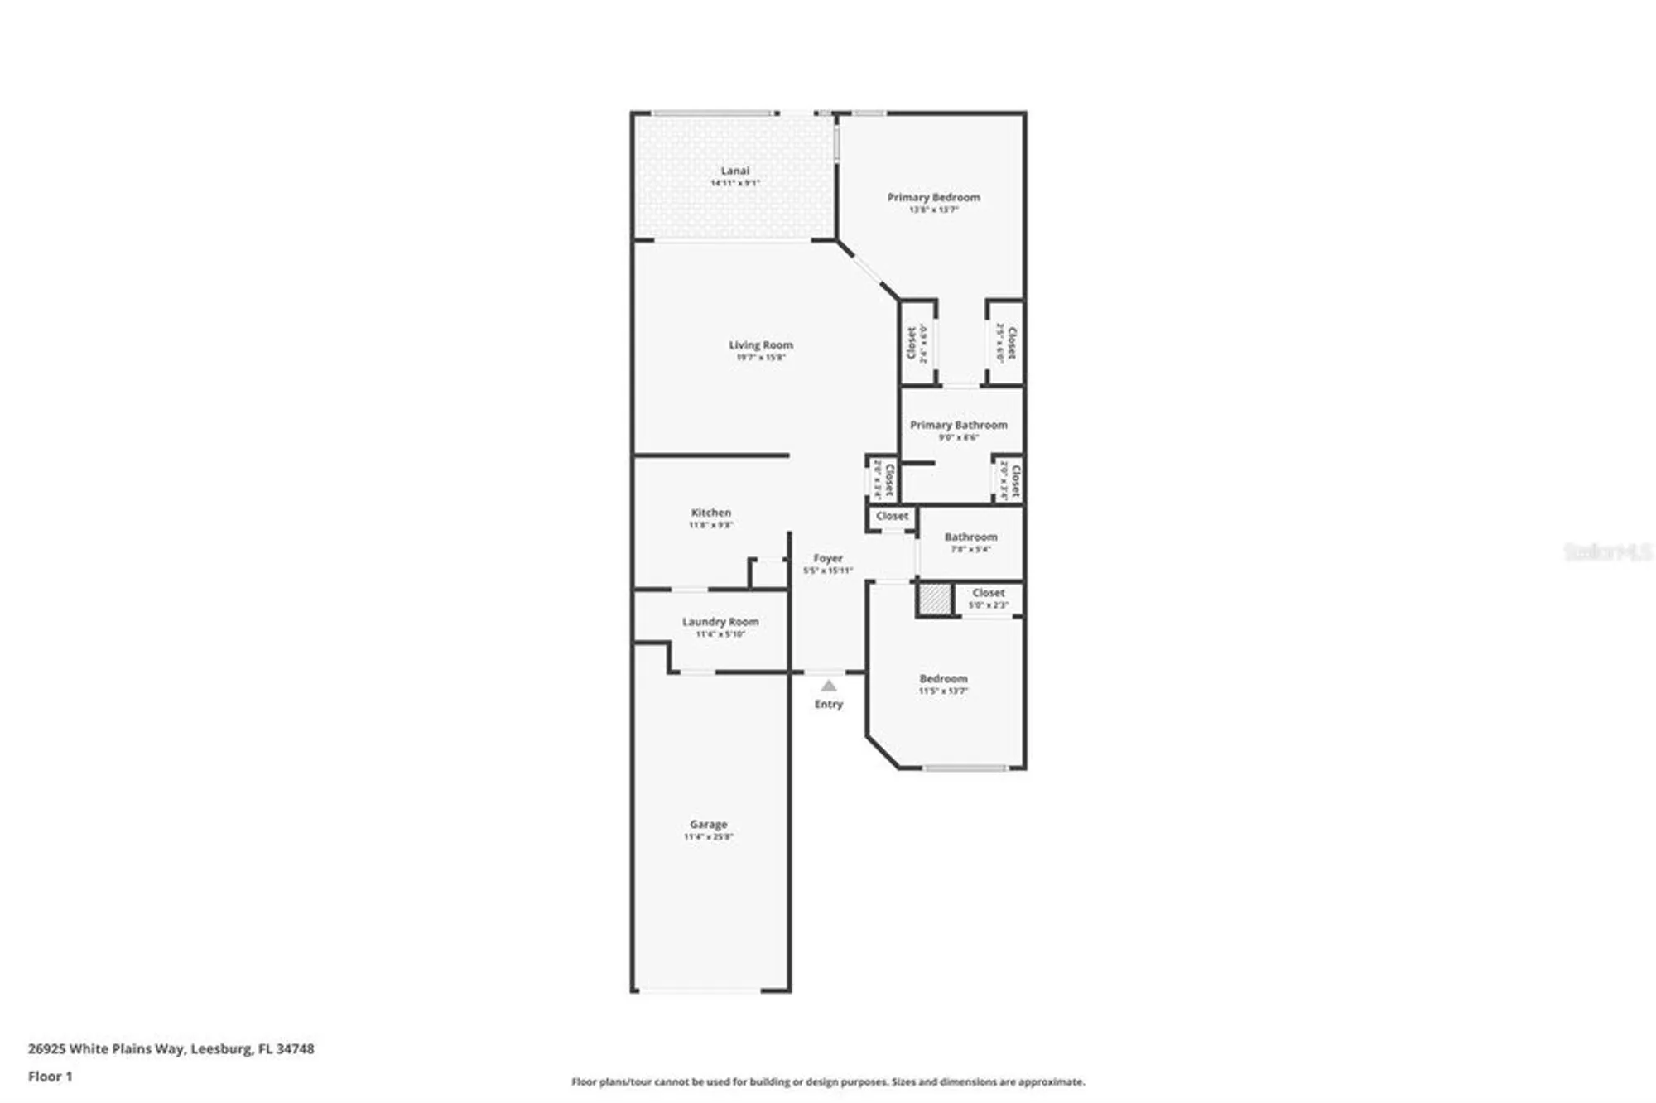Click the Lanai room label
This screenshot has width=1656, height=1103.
[734, 171]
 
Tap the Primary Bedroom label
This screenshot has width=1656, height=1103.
[933, 197]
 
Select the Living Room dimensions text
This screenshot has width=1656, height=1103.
[760, 358]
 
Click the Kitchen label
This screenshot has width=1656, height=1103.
[710, 513]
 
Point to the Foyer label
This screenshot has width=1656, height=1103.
[827, 558]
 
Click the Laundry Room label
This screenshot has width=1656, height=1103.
[720, 622]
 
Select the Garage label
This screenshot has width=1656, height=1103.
[708, 825]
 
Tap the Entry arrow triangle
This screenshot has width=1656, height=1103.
[828, 686]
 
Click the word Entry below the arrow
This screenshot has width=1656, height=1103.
[828, 704]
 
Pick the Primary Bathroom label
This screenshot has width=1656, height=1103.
[958, 425]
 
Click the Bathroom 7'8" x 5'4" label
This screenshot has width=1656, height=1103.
[970, 537]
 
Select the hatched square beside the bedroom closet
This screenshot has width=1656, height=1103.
[934, 600]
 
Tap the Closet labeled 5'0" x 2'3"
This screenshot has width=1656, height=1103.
[988, 593]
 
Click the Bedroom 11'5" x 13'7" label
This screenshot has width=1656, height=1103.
[942, 679]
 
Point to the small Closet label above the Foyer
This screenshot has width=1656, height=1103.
[892, 516]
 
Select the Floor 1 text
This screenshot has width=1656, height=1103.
[50, 1077]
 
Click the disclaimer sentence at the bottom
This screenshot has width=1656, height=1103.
[827, 1081]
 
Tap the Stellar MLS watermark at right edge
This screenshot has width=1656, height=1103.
[1606, 551]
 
